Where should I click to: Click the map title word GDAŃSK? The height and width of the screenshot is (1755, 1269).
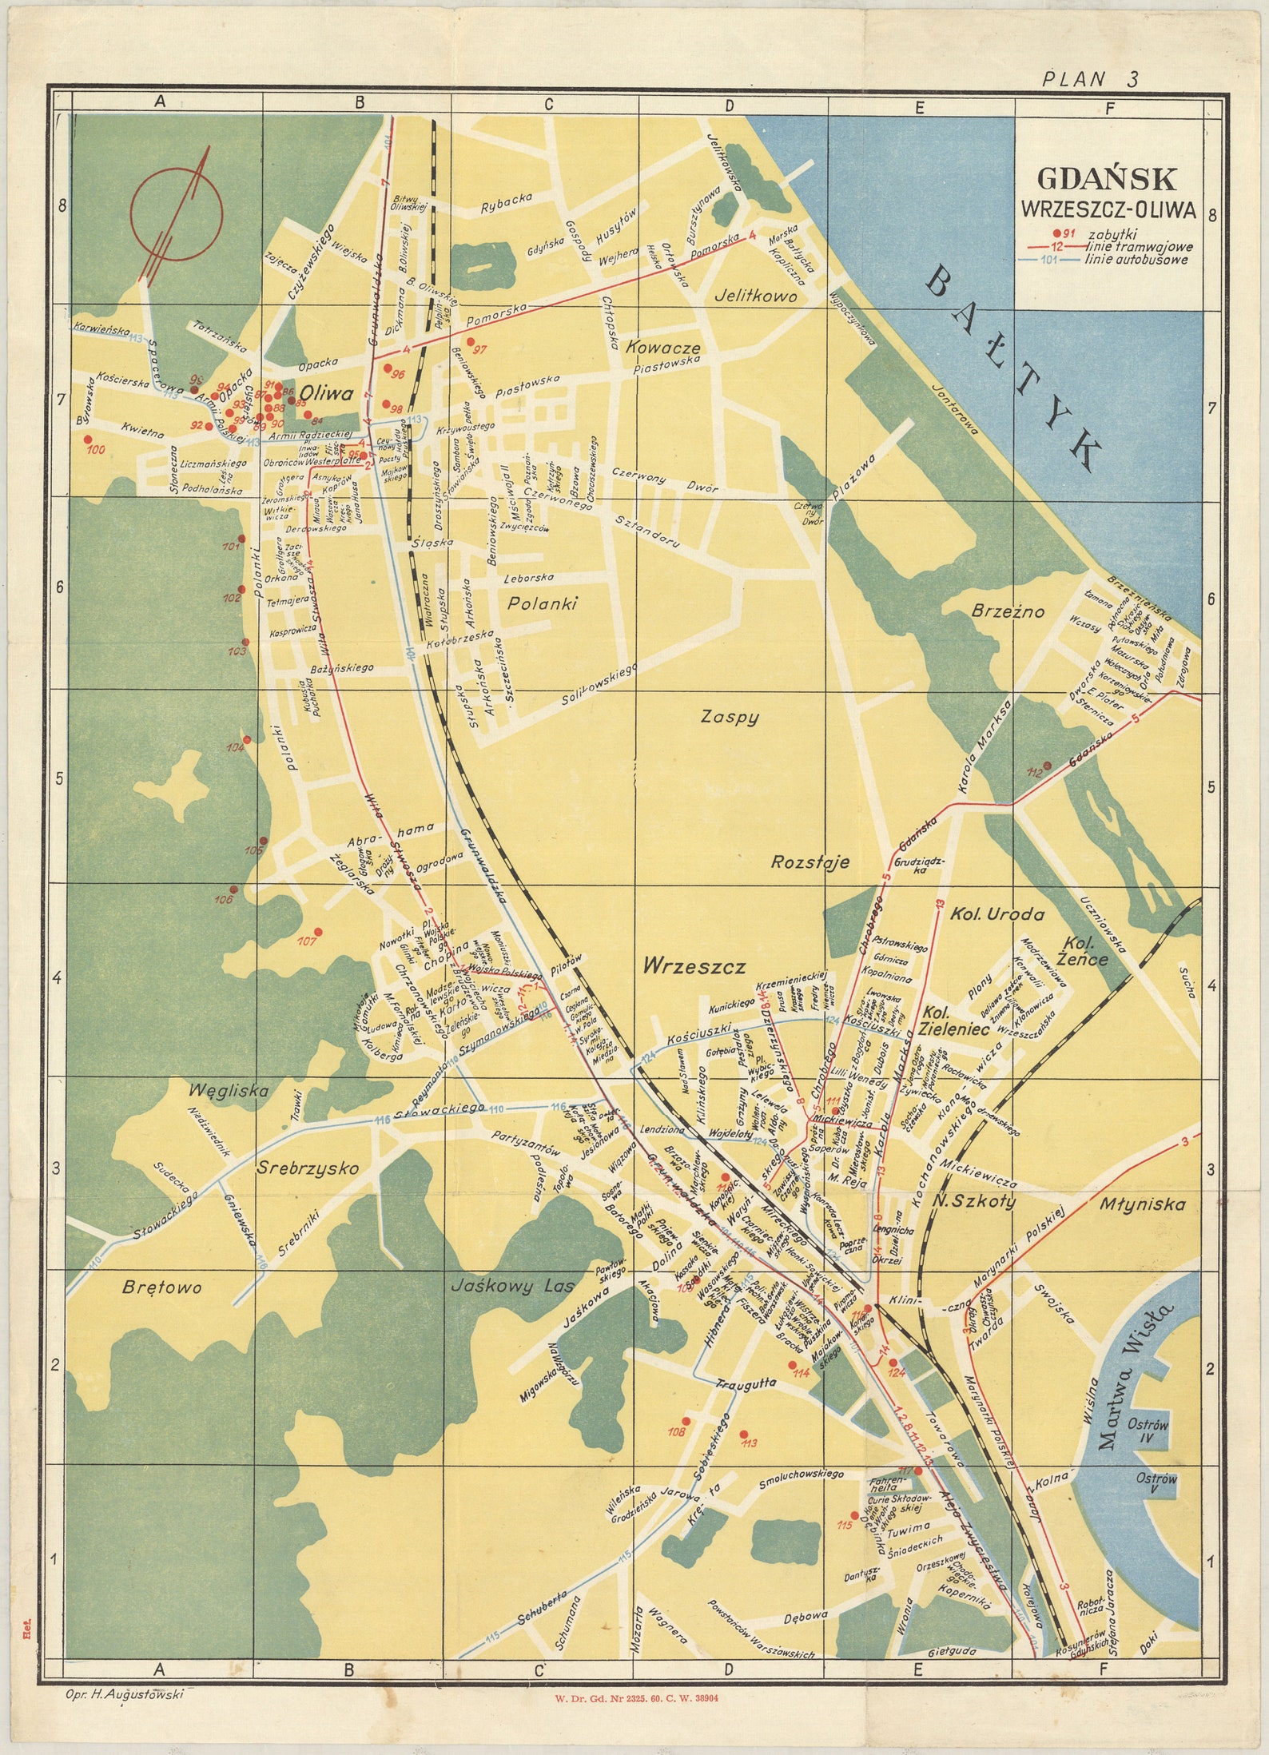point(1106,179)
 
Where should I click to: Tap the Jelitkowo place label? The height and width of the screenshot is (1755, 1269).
point(755,296)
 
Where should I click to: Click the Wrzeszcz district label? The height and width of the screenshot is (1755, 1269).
point(694,967)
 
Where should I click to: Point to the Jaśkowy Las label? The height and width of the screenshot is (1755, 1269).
point(512,1287)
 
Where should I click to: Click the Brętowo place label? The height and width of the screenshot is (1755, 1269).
point(162,1287)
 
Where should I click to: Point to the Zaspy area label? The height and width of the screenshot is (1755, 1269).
point(729,717)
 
